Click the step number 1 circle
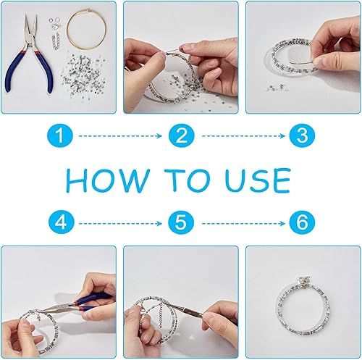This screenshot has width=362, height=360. pyautogui.click(x=60, y=135)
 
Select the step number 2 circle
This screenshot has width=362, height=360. pyautogui.click(x=181, y=135)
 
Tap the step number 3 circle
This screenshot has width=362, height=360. pyautogui.click(x=302, y=135)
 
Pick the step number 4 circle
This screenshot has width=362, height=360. pyautogui.click(x=61, y=223)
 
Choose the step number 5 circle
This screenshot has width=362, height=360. pyautogui.click(x=181, y=223)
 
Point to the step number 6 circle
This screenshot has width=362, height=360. pyautogui.click(x=302, y=223)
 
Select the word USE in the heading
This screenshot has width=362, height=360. pyautogui.click(x=258, y=180)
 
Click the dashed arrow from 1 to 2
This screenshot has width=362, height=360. pyautogui.click(x=120, y=136)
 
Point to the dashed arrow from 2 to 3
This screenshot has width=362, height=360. pyautogui.click(x=243, y=136)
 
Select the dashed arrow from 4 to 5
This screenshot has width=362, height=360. pyautogui.click(x=120, y=224)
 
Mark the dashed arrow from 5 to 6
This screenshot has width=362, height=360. pyautogui.click(x=243, y=224)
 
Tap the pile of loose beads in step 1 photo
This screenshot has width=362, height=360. pyautogui.click(x=82, y=75)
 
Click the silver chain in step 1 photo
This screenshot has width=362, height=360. pyautogui.click(x=56, y=42)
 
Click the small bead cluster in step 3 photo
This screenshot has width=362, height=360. pyautogui.click(x=274, y=88)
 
